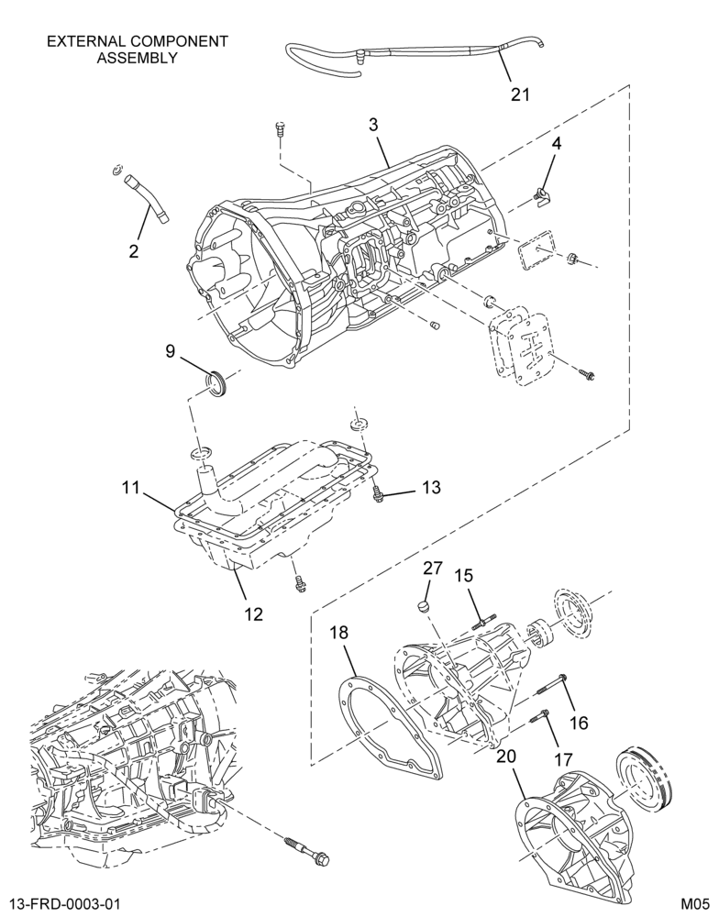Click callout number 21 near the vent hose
[520, 94]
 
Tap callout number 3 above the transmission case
[373, 124]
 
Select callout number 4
[557, 143]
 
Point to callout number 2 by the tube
[134, 251]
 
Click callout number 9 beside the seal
[171, 351]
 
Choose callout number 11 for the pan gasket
[132, 487]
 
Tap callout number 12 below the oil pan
[254, 613]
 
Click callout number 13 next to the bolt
[432, 487]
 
